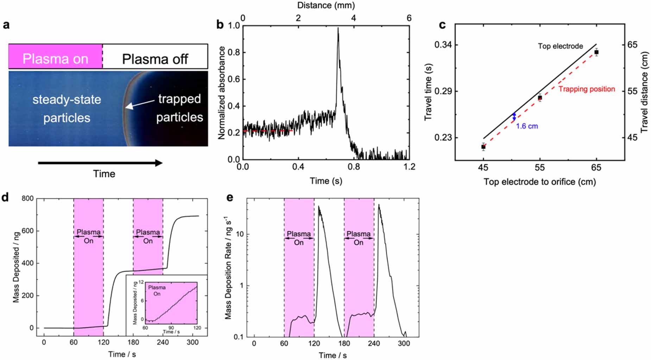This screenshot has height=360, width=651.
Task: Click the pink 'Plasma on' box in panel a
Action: point(55,57)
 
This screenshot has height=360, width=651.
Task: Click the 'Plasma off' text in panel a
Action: point(155,59)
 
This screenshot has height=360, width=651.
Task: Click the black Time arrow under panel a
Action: point(100,163)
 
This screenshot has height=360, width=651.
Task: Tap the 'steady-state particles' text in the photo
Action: point(67,108)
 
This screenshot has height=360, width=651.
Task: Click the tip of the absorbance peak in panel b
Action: point(338,29)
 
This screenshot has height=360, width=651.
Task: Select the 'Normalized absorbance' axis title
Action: point(221,93)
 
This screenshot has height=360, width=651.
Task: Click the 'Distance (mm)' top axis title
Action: point(326,5)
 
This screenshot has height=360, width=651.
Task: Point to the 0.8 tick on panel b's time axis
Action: point(354,167)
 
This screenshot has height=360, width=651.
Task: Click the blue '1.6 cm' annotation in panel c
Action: point(527,126)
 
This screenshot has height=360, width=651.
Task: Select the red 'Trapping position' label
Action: point(587,89)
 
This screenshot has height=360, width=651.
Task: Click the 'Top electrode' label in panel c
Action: point(560,46)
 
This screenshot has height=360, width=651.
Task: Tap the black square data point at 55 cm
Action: point(540,97)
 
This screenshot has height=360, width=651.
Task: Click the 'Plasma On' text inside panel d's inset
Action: point(157,291)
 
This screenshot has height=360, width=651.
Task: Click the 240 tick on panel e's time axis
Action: point(374,343)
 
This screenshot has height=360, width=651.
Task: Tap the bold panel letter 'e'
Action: point(230,197)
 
